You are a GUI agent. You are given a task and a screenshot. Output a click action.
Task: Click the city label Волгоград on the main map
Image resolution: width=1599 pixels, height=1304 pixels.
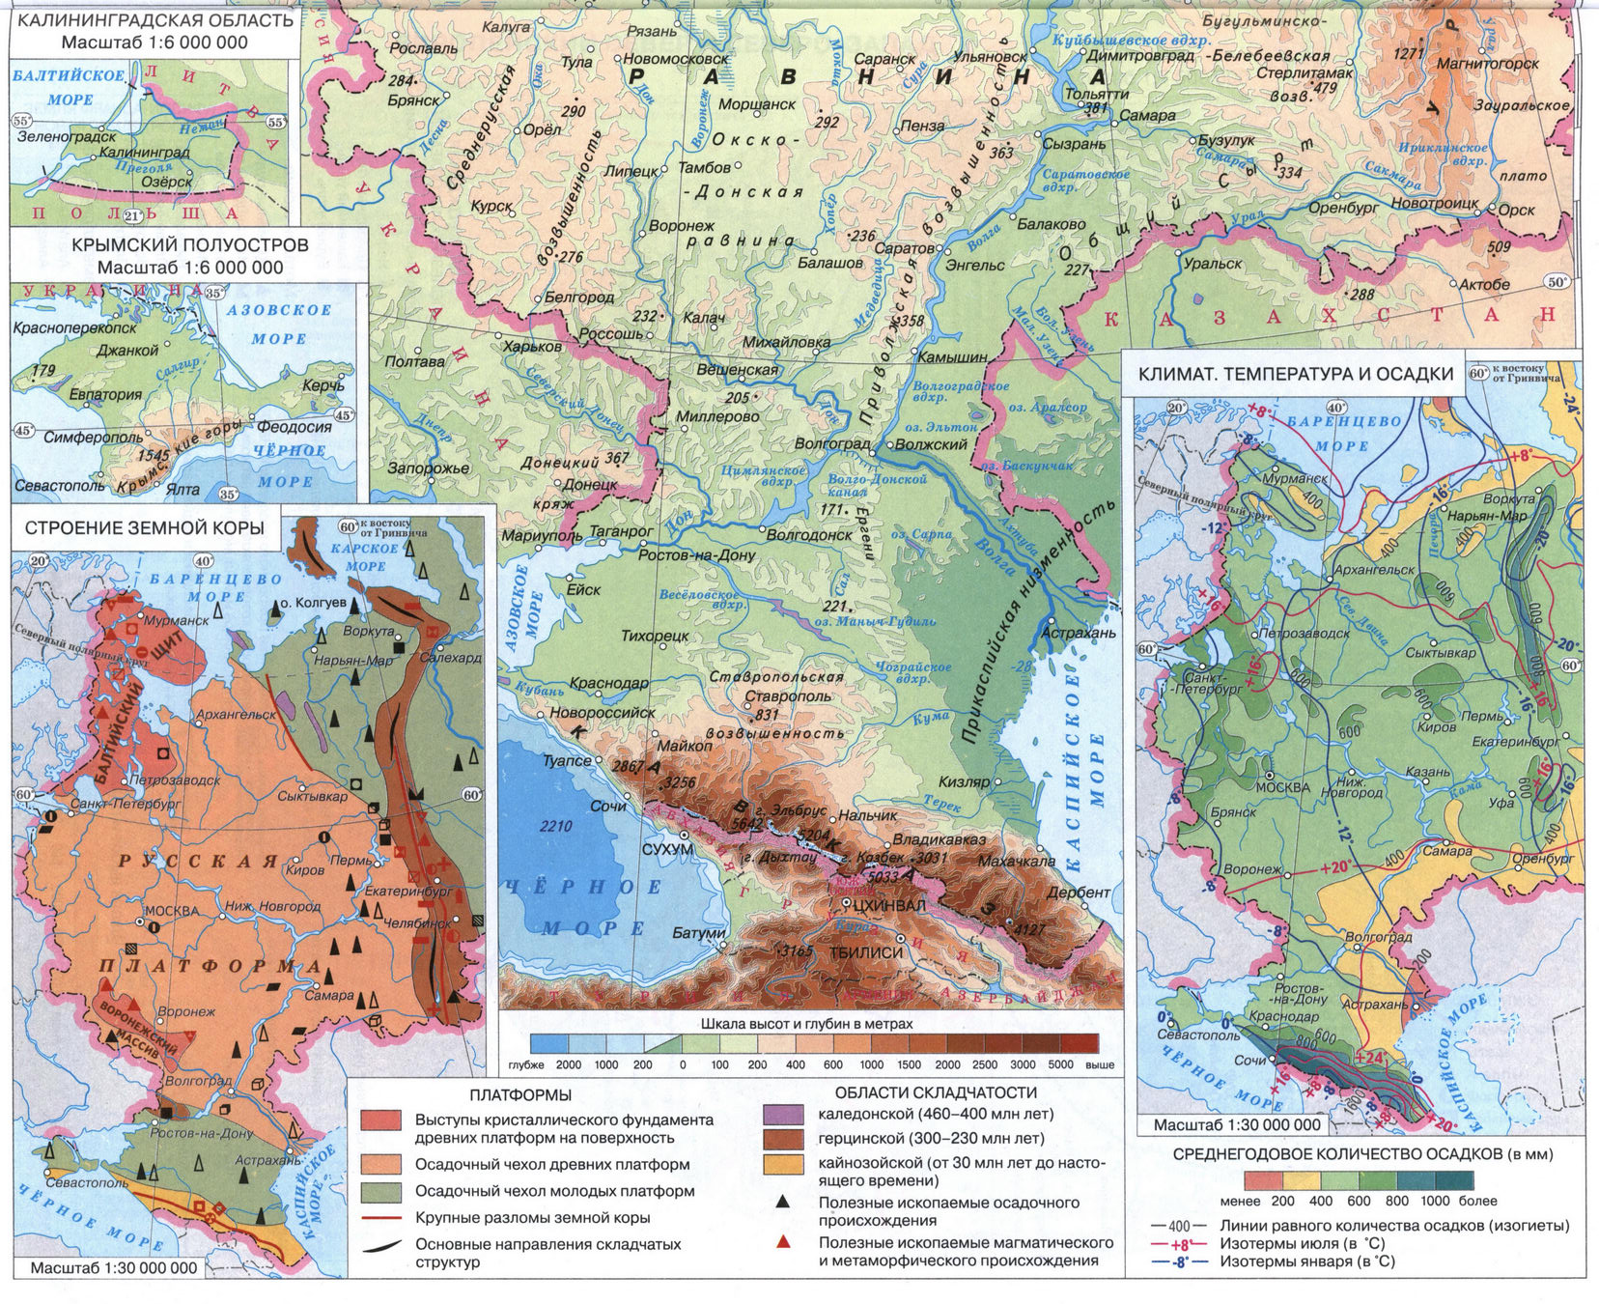click(831, 444)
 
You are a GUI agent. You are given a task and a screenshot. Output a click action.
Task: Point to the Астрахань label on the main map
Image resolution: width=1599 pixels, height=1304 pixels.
click(1079, 633)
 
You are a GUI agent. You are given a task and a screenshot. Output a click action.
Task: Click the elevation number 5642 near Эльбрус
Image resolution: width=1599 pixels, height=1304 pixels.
click(748, 823)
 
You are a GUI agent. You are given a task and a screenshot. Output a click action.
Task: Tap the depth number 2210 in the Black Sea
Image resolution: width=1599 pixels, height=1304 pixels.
click(556, 826)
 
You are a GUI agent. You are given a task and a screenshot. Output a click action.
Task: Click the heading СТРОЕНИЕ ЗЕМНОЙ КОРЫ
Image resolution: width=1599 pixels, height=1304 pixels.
click(144, 528)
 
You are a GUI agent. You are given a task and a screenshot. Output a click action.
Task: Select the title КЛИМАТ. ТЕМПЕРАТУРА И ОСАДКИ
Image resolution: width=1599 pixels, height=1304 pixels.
click(1295, 375)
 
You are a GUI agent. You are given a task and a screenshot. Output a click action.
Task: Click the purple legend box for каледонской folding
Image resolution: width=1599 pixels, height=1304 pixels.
click(783, 1114)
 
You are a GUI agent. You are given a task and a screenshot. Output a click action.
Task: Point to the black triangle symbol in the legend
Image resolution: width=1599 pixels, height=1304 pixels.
click(783, 1203)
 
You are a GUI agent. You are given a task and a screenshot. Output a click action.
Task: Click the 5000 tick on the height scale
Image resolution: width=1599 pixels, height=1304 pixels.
click(1060, 1064)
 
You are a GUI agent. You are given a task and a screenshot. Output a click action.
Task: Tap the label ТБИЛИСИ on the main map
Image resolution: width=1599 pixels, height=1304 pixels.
click(866, 952)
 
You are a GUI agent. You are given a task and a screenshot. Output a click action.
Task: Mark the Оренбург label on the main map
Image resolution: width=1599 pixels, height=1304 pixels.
click(1343, 208)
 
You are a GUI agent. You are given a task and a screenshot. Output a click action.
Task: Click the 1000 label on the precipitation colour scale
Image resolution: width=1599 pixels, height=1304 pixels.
click(1435, 1201)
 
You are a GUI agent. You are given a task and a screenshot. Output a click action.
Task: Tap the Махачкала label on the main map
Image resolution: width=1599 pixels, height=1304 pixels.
click(1016, 861)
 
